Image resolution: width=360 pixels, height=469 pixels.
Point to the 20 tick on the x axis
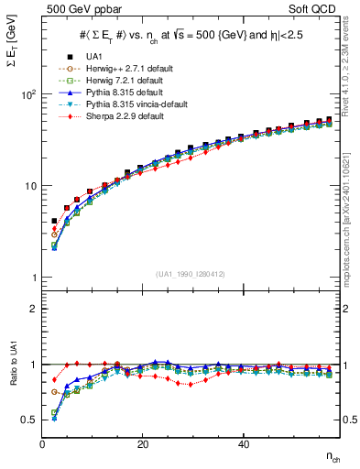pos(142,444)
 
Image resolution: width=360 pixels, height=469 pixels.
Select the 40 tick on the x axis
pos(243,444)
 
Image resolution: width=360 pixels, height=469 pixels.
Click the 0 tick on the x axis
pos(43,444)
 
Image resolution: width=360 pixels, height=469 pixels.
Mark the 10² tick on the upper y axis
pos(28,94)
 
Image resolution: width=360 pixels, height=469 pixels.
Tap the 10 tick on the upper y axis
pos(30,186)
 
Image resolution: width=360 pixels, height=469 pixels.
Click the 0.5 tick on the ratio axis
pos(29,420)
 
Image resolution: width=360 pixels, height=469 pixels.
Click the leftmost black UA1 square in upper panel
pos(54,221)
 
